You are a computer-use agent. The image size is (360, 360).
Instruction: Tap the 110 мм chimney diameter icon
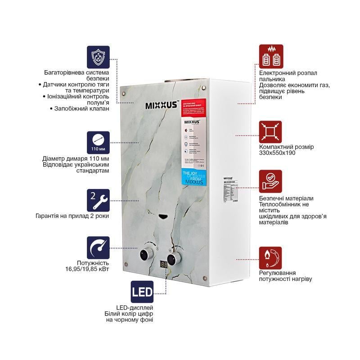point(99,142)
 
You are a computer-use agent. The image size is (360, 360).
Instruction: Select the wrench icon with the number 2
point(99,200)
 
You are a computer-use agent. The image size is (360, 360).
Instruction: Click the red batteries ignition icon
point(271,56)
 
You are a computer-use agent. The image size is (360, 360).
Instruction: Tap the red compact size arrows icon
point(271,132)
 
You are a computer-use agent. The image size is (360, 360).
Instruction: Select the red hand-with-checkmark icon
point(271,181)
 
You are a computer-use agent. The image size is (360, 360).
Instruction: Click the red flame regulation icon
point(271,258)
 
